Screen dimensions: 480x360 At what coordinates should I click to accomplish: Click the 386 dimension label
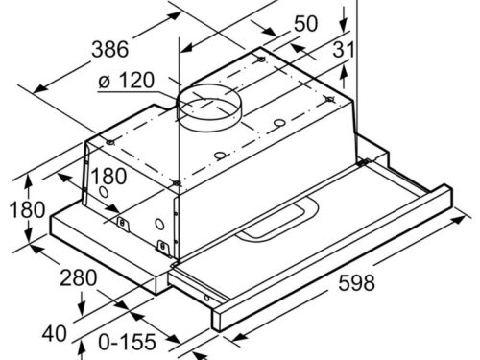pyautogui.click(x=109, y=50)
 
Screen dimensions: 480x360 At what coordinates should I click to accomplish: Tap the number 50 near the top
pyautogui.click(x=305, y=23)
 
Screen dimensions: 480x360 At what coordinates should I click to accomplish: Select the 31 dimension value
pyautogui.click(x=344, y=50)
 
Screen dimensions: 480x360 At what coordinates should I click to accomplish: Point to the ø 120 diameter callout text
pyautogui.click(x=127, y=80)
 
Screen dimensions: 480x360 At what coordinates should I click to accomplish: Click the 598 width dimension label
pyautogui.click(x=356, y=283)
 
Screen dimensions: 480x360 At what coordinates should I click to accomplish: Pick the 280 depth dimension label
pyautogui.click(x=79, y=277)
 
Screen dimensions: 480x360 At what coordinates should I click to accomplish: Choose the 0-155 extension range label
pyautogui.click(x=127, y=342)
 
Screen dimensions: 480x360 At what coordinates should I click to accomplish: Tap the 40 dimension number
pyautogui.click(x=55, y=333)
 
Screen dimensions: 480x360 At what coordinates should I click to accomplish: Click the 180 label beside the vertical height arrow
pyautogui.click(x=27, y=210)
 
